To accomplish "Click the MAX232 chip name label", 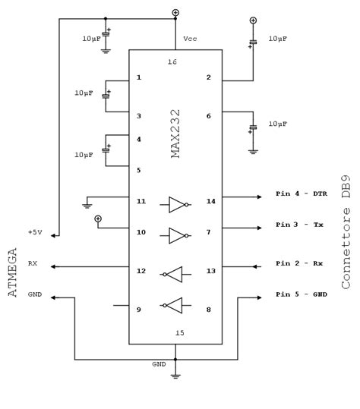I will click(x=175, y=134).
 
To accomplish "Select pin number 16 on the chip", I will click(x=172, y=61).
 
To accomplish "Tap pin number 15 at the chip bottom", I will click(x=179, y=332).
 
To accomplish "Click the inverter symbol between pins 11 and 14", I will click(x=178, y=203).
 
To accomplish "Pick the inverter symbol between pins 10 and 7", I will click(x=178, y=234).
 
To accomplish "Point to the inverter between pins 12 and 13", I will click(x=172, y=274).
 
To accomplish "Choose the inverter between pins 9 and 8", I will click(x=172, y=305).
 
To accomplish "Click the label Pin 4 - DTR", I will click(x=301, y=194).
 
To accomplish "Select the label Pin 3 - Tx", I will click(x=298, y=225).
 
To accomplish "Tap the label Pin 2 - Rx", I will click(x=298, y=263).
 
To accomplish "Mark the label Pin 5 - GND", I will click(x=301, y=294).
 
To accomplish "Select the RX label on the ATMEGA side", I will click(x=33, y=263).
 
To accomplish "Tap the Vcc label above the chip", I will click(x=191, y=39).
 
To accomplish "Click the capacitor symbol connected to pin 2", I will click(x=253, y=42).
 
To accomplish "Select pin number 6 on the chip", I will click(x=207, y=116).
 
